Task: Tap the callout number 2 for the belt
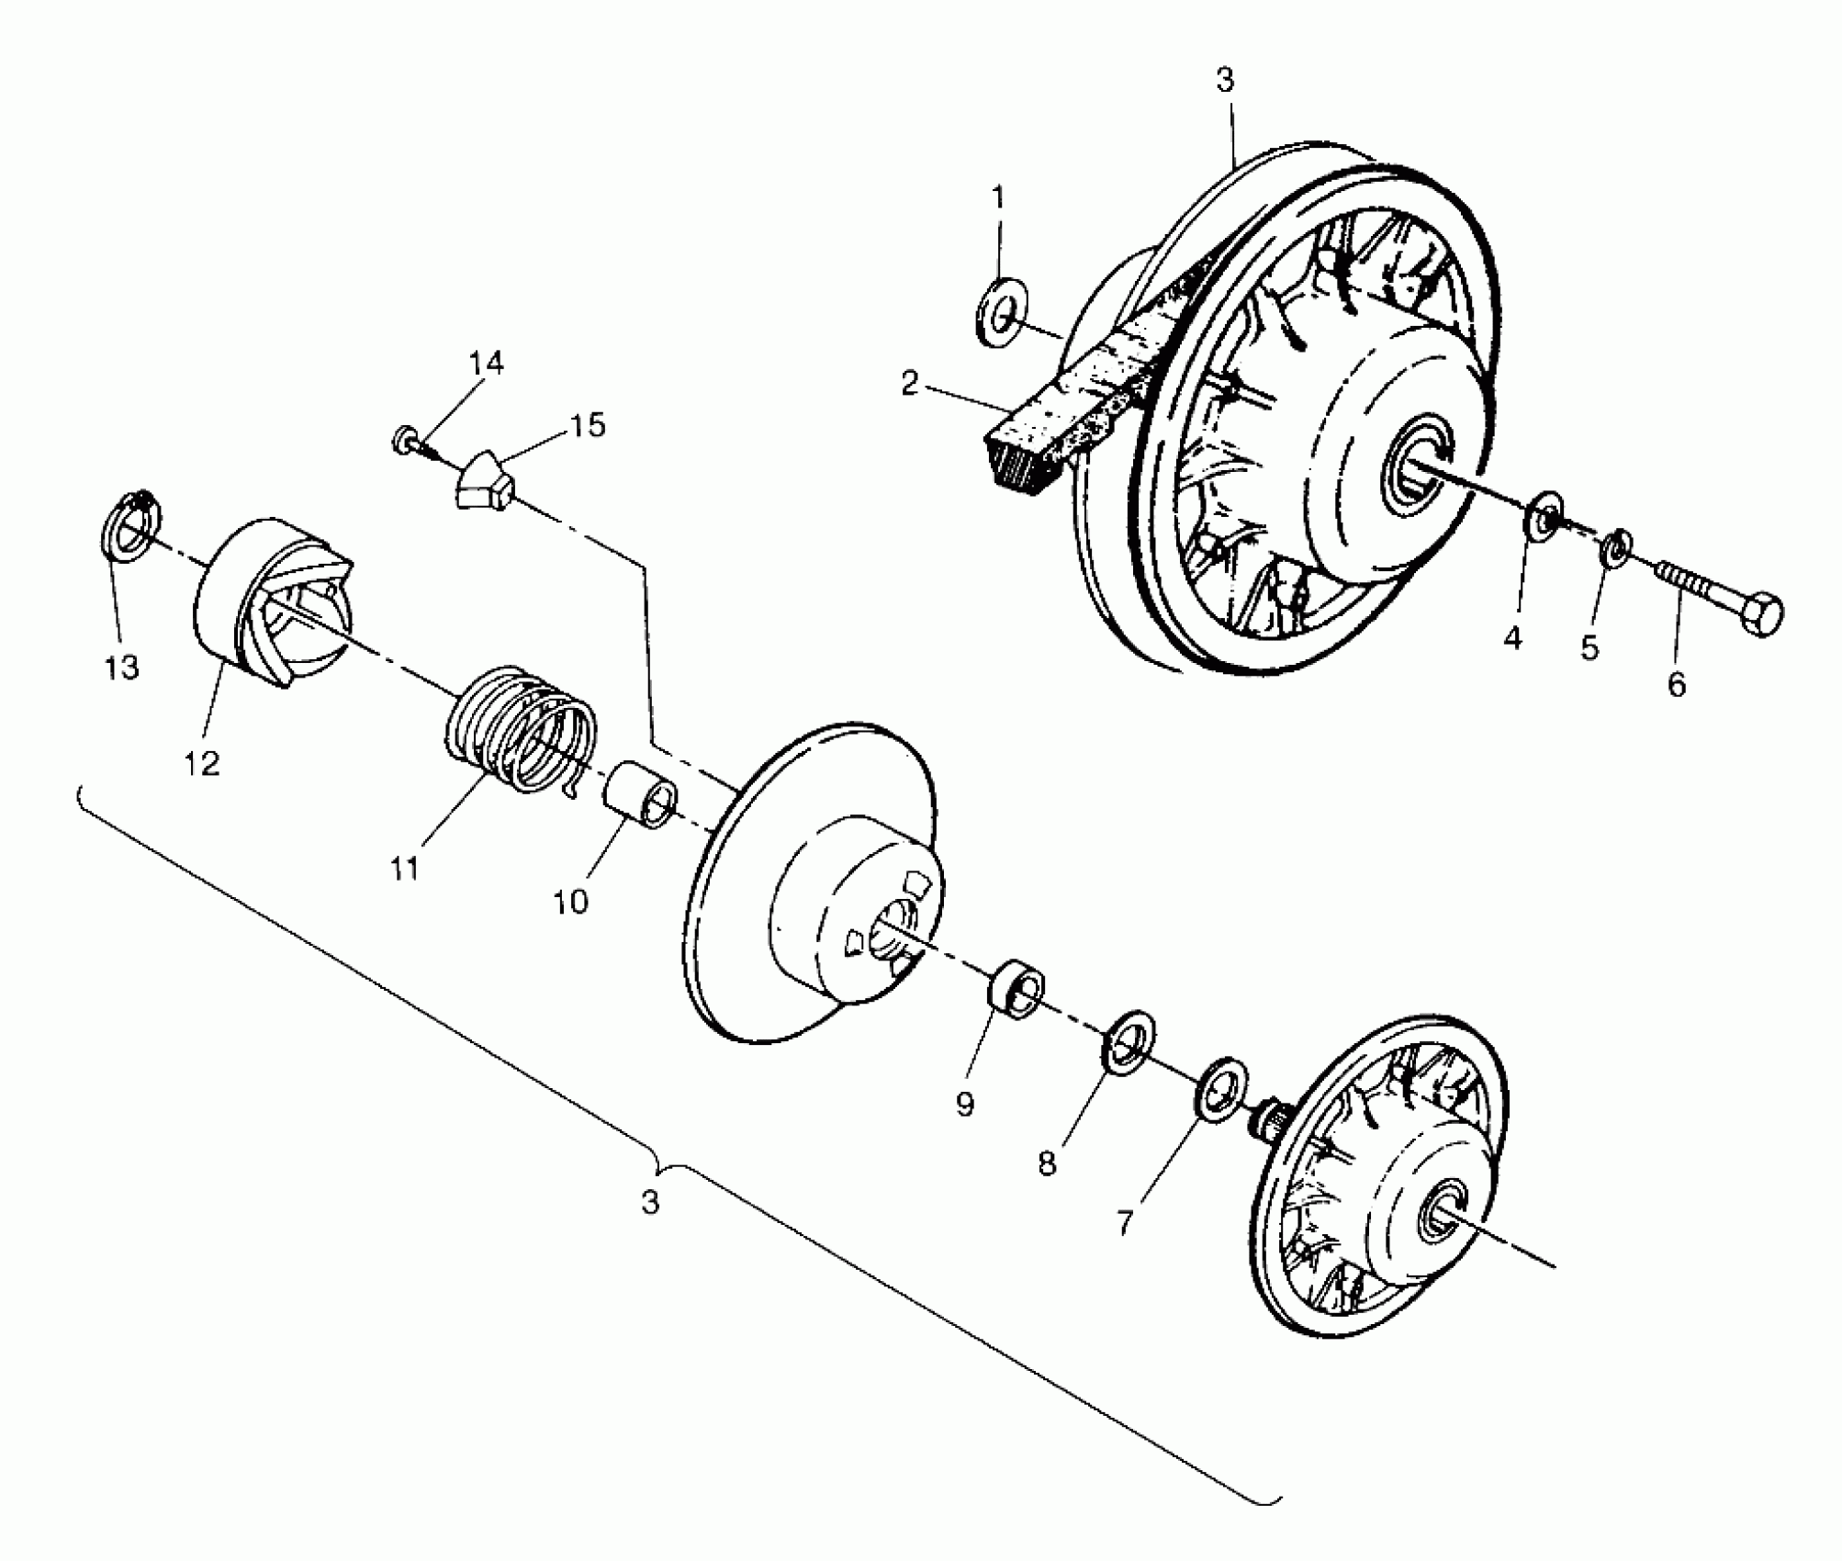[x=909, y=384]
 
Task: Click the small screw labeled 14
[x=407, y=440]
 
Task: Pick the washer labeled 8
[x=1129, y=1039]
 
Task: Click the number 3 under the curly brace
[x=650, y=1202]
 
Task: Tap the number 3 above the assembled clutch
[x=1225, y=81]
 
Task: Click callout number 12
[x=203, y=762]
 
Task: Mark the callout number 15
[x=587, y=425]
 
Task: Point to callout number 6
[x=1677, y=685]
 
